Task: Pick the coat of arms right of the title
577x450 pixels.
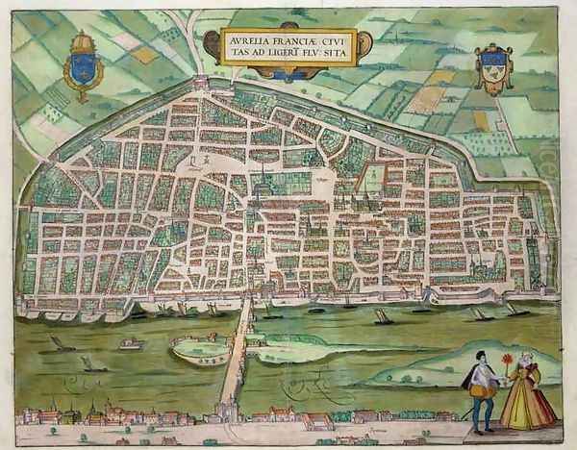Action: [492, 68]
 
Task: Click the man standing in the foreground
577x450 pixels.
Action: [481, 389]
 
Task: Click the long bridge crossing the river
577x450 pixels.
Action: [236, 356]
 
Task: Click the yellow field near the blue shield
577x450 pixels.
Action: [144, 55]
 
